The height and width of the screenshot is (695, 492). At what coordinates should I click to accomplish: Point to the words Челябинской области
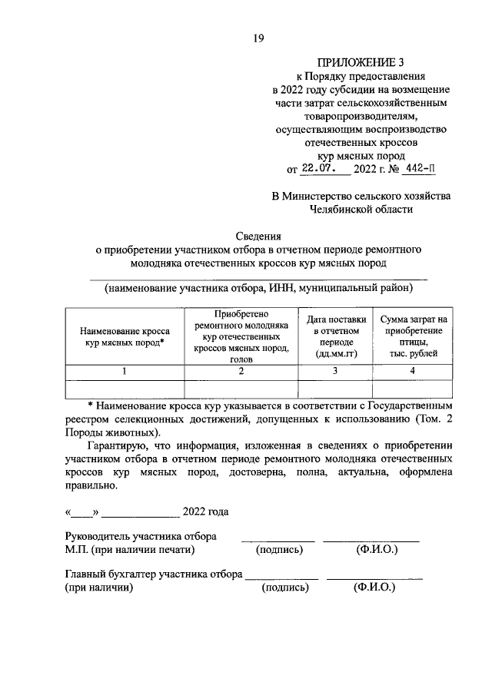click(361, 208)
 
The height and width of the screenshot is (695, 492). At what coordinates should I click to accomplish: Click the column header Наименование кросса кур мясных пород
click(124, 336)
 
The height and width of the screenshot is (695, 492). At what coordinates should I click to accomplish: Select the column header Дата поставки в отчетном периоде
click(334, 336)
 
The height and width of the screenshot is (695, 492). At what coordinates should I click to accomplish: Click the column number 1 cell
click(124, 371)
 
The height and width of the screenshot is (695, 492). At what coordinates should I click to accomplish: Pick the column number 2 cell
click(241, 371)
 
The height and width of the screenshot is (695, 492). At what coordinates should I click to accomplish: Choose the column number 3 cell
click(334, 371)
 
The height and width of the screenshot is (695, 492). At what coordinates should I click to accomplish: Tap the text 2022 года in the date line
click(205, 512)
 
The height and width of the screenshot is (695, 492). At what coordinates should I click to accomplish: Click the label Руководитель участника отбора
click(141, 536)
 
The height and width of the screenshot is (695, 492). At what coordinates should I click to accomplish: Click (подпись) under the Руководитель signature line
click(279, 550)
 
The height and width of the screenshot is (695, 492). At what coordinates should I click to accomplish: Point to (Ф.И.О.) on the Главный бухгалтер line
click(374, 587)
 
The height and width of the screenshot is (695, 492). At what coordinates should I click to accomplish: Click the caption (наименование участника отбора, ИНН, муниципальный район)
click(259, 288)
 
